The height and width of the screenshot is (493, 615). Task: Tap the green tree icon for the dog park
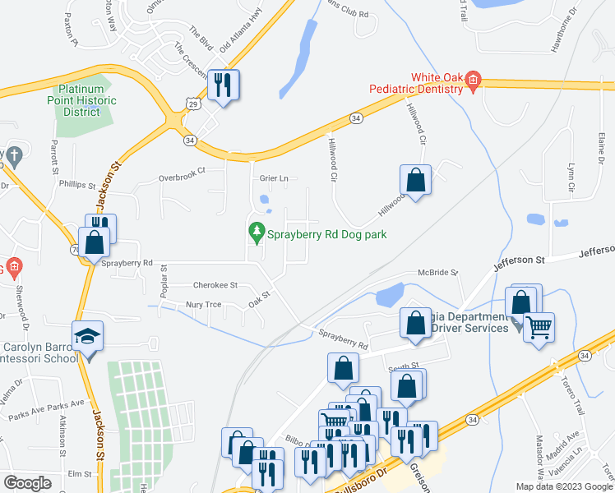tap(257, 233)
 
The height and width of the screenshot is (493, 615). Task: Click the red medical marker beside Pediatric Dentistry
tap(473, 80)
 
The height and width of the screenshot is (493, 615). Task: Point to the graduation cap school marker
tap(86, 337)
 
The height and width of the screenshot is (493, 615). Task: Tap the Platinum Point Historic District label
tap(86, 100)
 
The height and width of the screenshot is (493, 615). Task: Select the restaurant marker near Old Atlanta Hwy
tap(223, 84)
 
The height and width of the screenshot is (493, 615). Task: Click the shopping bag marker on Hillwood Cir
tap(416, 180)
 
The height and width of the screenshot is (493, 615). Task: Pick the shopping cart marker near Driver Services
tap(539, 326)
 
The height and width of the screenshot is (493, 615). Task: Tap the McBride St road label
tap(437, 272)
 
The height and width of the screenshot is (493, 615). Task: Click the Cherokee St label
tap(215, 285)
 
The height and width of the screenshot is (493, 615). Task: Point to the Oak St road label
tap(260, 296)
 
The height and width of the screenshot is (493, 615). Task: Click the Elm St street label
tap(79, 474)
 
